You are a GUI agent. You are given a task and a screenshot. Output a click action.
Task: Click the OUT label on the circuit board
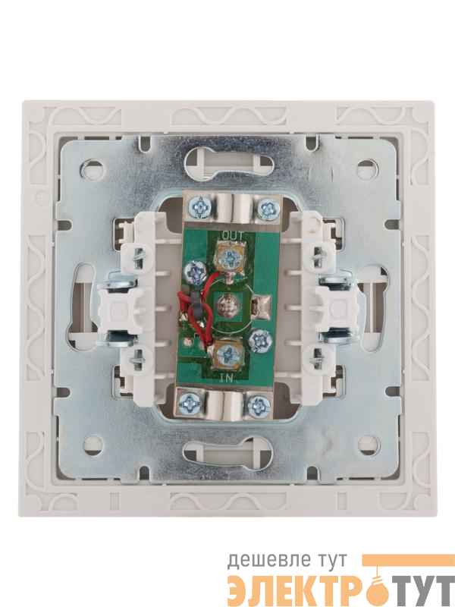234,235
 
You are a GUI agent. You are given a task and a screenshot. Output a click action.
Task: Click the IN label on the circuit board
226,379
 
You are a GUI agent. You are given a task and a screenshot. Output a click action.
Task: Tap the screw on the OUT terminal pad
230,256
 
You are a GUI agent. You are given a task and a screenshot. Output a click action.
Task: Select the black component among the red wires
196,305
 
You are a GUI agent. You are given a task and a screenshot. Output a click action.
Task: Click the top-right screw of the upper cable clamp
268,209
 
